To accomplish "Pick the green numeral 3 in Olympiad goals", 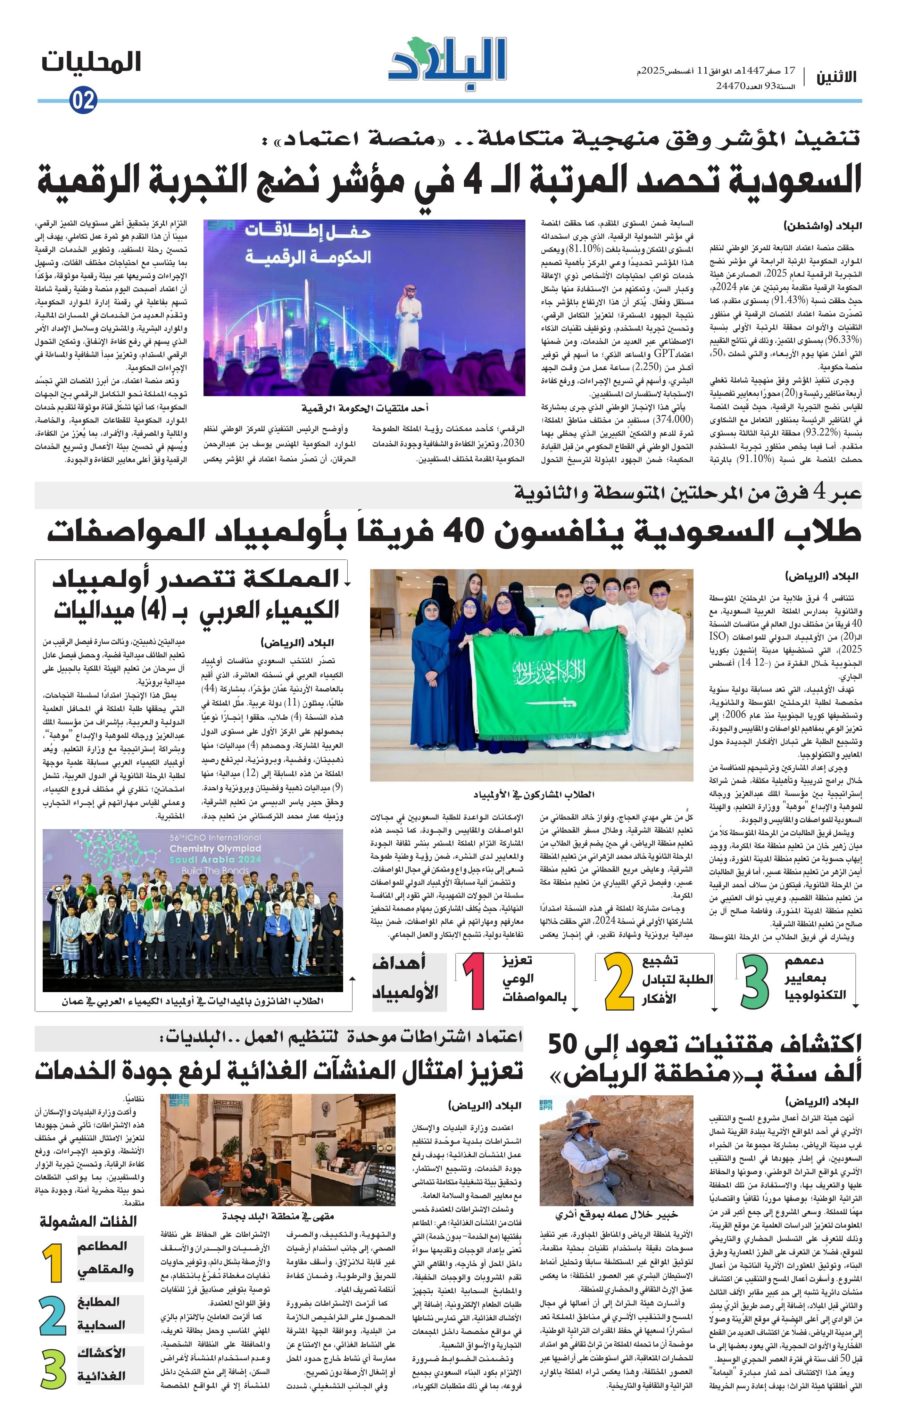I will click(756, 983).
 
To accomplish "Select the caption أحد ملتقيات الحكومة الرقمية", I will click(364, 408).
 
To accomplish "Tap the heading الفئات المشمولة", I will click(89, 1221).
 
